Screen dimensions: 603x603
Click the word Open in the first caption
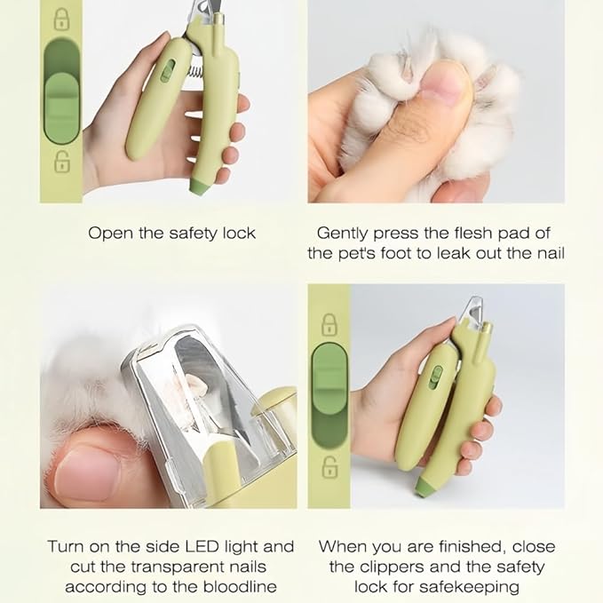(x=107, y=234)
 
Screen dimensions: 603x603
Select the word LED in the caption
(x=218, y=546)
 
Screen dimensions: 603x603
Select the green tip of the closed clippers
(x=423, y=485)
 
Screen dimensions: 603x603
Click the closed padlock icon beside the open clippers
(x=62, y=17)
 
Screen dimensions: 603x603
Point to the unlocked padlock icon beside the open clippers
(x=62, y=161)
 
